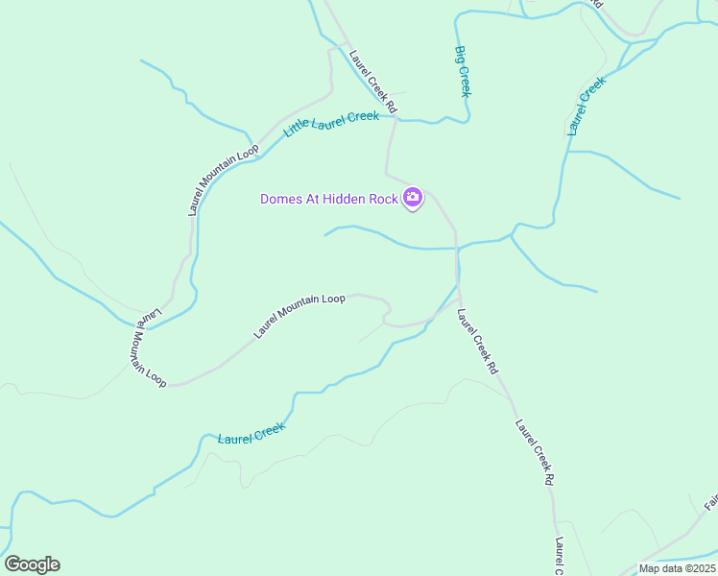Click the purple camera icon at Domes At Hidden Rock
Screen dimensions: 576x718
pyautogui.click(x=413, y=199)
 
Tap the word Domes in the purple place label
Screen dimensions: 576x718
pyautogui.click(x=280, y=200)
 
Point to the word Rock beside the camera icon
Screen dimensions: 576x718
pyautogui.click(x=385, y=200)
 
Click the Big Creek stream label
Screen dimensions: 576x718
pyautogui.click(x=463, y=72)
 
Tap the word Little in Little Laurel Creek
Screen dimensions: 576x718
pyautogui.click(x=303, y=130)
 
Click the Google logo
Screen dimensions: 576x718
pyautogui.click(x=32, y=564)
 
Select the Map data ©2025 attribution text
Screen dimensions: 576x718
pyautogui.click(x=677, y=568)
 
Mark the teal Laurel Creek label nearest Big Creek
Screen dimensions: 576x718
pyautogui.click(x=586, y=106)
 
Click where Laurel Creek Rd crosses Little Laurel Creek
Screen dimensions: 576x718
pyautogui.click(x=393, y=118)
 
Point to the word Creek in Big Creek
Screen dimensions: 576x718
pyautogui.click(x=465, y=81)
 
